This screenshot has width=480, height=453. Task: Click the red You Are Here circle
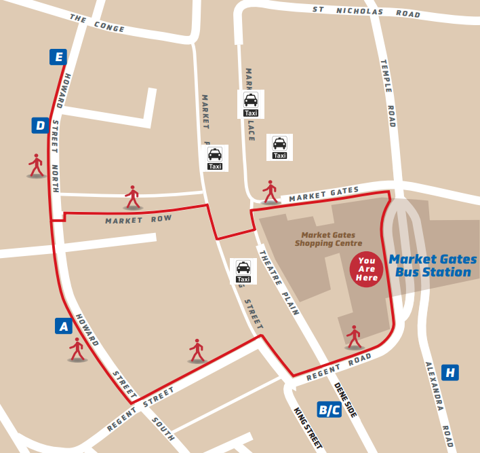pyautogui.click(x=367, y=270)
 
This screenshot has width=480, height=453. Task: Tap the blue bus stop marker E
pyautogui.click(x=58, y=57)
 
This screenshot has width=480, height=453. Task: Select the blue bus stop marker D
pyautogui.click(x=41, y=126)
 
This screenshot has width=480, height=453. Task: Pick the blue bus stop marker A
pyautogui.click(x=64, y=327)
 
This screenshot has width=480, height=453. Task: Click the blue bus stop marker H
pyautogui.click(x=449, y=372)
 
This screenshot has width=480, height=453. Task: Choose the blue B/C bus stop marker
pyautogui.click(x=329, y=410)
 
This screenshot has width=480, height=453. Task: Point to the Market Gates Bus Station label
pyautogui.click(x=433, y=266)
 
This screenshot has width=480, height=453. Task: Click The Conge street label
pyautogui.click(x=97, y=24)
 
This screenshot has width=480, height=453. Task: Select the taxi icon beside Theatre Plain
pyautogui.click(x=243, y=270)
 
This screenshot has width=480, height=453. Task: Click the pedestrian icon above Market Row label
pyautogui.click(x=132, y=197)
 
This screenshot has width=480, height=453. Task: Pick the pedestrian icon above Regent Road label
pyautogui.click(x=353, y=337)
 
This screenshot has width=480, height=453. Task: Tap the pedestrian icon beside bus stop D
pyautogui.click(x=36, y=165)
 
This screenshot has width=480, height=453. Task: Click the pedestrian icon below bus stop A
pyautogui.click(x=77, y=349)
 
